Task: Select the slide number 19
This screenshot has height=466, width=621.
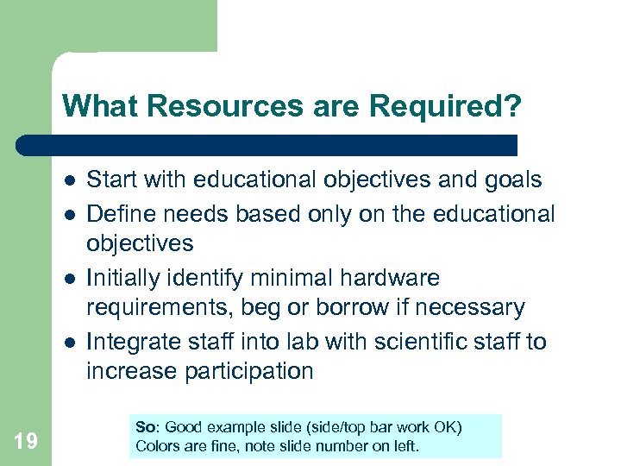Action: [x=26, y=442]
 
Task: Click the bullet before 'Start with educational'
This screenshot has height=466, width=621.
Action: [x=69, y=181]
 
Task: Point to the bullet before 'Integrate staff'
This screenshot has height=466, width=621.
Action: [x=69, y=343]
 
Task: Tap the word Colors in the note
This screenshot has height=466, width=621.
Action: [x=156, y=446]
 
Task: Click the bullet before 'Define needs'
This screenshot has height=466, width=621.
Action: [x=69, y=214]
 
